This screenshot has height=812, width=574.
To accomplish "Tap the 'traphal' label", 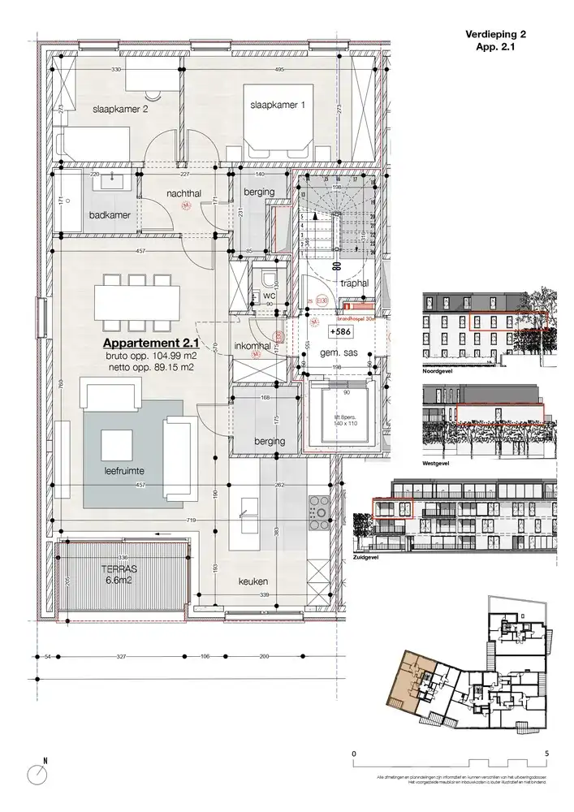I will pyautogui.click(x=355, y=283).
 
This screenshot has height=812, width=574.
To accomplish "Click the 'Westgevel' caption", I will pyautogui.click(x=438, y=464).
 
